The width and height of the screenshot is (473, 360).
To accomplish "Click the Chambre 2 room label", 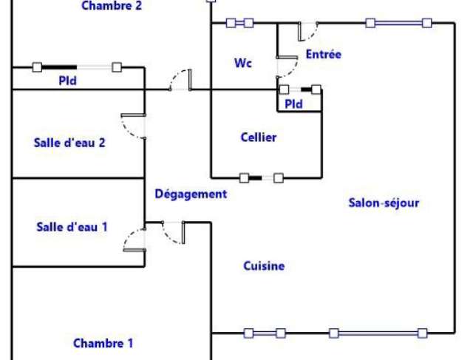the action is [112, 5].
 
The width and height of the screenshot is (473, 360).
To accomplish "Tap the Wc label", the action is [243, 63].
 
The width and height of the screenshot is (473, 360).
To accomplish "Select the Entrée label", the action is [324, 54].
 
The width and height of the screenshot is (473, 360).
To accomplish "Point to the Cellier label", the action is [259, 137].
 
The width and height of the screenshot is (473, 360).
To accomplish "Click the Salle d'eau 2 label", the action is [69, 143].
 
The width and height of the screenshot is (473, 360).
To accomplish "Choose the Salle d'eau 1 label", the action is [72, 227].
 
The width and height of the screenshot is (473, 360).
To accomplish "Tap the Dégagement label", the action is [191, 194].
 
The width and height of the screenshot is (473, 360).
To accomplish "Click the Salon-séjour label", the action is [384, 203].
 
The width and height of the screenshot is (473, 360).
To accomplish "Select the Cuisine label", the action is [264, 266].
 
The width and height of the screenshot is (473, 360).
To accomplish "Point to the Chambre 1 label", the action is [103, 343].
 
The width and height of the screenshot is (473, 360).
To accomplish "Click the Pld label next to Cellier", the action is [293, 104].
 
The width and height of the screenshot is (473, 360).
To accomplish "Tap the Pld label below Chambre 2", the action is [67, 81].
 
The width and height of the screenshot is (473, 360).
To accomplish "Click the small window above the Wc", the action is [239, 23].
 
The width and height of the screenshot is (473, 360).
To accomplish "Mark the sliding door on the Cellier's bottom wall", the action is [262, 178].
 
